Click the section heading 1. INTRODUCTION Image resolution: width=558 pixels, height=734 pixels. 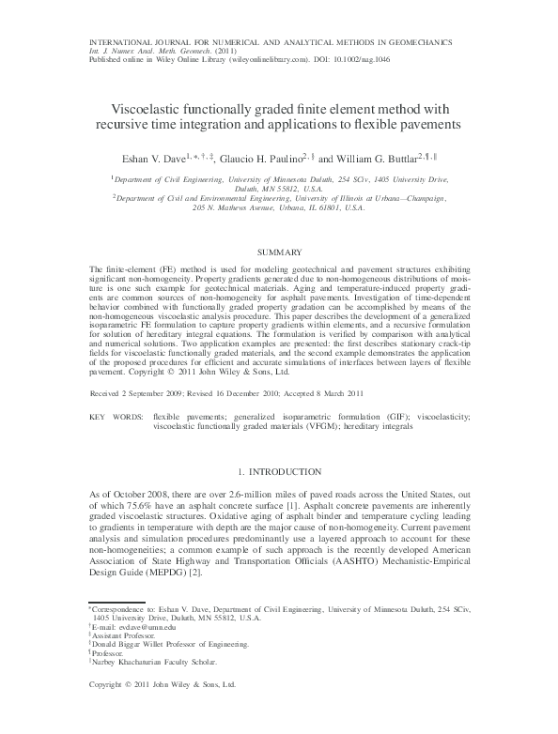click(280, 471)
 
